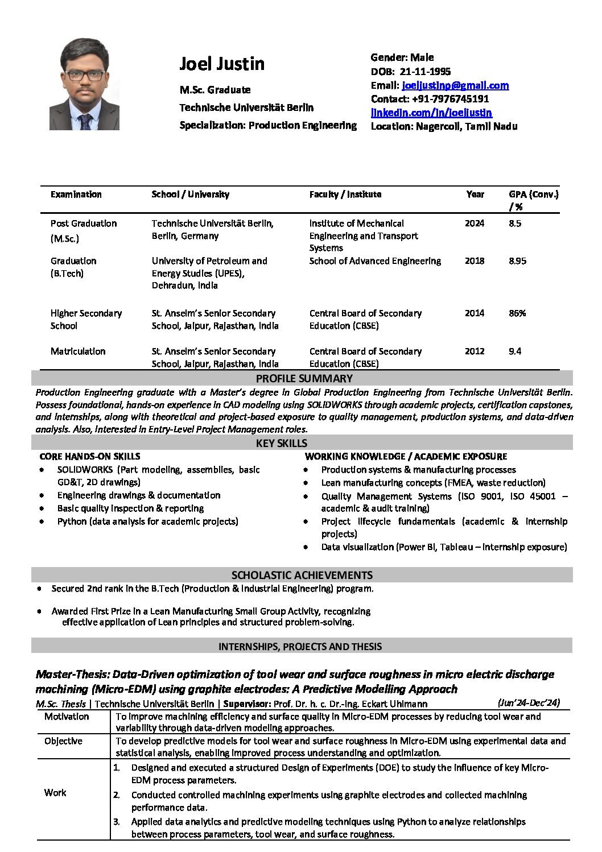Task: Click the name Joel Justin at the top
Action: pyautogui.click(x=222, y=64)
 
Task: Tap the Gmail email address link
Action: pyautogui.click(x=455, y=85)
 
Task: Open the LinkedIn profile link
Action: pyautogui.click(x=431, y=113)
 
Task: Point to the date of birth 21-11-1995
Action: pyautogui.click(x=426, y=71)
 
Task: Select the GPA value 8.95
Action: pyautogui.click(x=517, y=260)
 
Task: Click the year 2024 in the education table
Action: pyautogui.click(x=475, y=223)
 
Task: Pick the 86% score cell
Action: pyautogui.click(x=517, y=313)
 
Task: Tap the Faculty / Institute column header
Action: pyautogui.click(x=345, y=194)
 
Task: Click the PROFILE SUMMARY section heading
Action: pyautogui.click(x=304, y=378)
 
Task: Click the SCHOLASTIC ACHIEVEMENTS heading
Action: pyautogui.click(x=302, y=575)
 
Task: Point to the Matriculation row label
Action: pyautogui.click(x=78, y=351)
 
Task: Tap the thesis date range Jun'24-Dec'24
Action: pyautogui.click(x=529, y=702)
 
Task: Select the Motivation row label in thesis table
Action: pyautogui.click(x=67, y=716)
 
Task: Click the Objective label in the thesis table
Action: pyautogui.click(x=63, y=741)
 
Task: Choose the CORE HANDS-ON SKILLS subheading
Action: pyautogui.click(x=89, y=456)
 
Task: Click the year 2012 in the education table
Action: pyautogui.click(x=475, y=351)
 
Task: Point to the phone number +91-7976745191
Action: pyautogui.click(x=452, y=99)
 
